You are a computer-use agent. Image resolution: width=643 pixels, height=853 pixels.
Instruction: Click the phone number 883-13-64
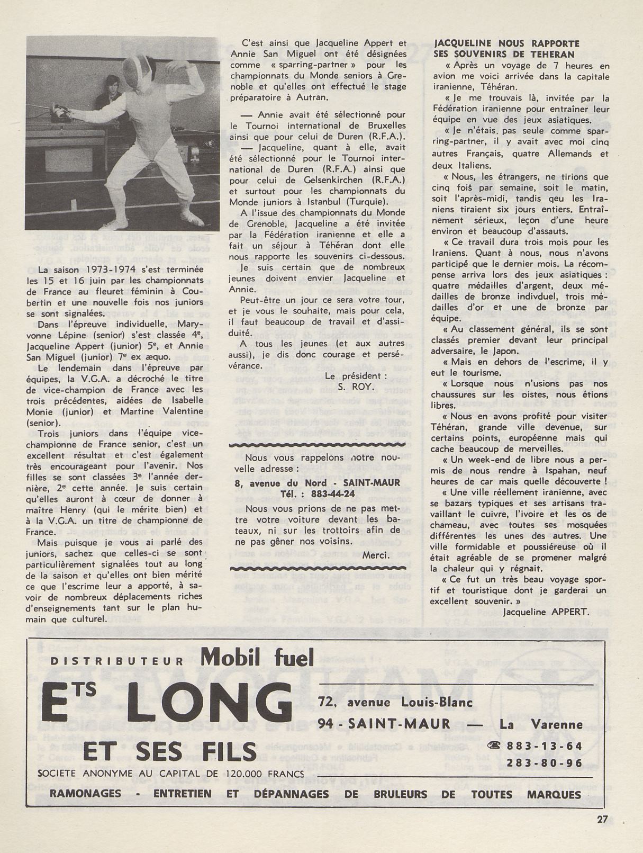click(x=544, y=746)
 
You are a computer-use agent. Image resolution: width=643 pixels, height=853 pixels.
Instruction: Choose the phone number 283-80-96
click(x=544, y=763)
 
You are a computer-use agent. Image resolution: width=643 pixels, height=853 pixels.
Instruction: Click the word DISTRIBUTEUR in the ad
click(x=117, y=661)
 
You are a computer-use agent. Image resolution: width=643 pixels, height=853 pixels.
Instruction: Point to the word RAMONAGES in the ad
click(x=85, y=794)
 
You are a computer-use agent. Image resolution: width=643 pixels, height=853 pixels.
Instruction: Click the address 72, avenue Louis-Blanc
click(x=395, y=702)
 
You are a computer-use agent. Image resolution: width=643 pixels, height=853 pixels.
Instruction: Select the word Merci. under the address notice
click(x=376, y=555)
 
